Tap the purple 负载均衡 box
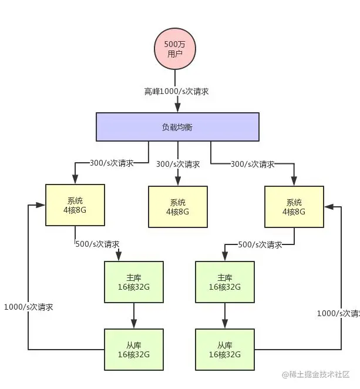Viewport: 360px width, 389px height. pos(177,126)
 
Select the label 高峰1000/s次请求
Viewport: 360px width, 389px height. pos(177,92)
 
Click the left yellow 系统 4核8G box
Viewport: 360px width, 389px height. pos(75,205)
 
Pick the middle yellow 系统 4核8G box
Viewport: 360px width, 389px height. pos(177,207)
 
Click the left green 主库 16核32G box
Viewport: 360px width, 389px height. pos(133,282)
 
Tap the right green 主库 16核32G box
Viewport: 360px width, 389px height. pos(224,282)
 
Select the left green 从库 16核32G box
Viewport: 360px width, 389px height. pos(133,350)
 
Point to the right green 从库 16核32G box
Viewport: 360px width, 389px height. pos(224,350)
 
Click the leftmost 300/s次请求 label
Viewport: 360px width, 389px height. pos(111,163)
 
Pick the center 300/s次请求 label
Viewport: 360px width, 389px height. pos(177,165)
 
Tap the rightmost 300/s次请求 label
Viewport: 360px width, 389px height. pos(253,164)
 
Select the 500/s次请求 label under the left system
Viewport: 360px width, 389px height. pos(97,244)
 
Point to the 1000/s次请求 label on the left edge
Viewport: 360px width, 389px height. pos(28,307)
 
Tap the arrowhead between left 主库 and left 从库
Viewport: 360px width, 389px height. pos(133,324)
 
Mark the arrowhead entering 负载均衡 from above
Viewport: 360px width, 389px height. pos(177,108)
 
